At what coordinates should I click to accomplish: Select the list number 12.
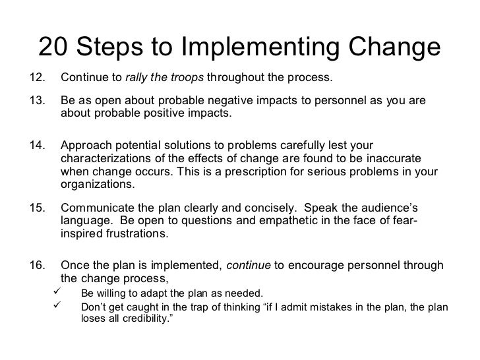pyautogui.click(x=40, y=79)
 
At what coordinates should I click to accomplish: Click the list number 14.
pyautogui.click(x=40, y=145)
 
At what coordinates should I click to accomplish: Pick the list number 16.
pyautogui.click(x=40, y=266)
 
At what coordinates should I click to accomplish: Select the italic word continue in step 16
pyautogui.click(x=248, y=266)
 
